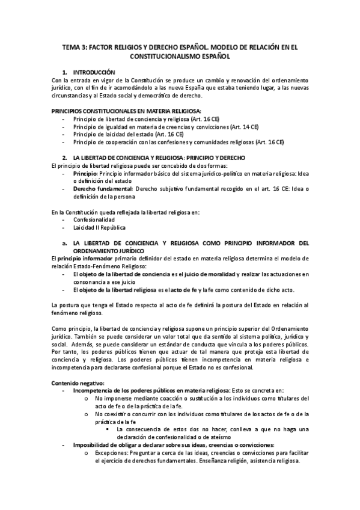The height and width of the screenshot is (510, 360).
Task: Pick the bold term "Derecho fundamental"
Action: coord(103,189)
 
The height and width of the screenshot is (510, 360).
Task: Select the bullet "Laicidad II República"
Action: coord(99,229)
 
